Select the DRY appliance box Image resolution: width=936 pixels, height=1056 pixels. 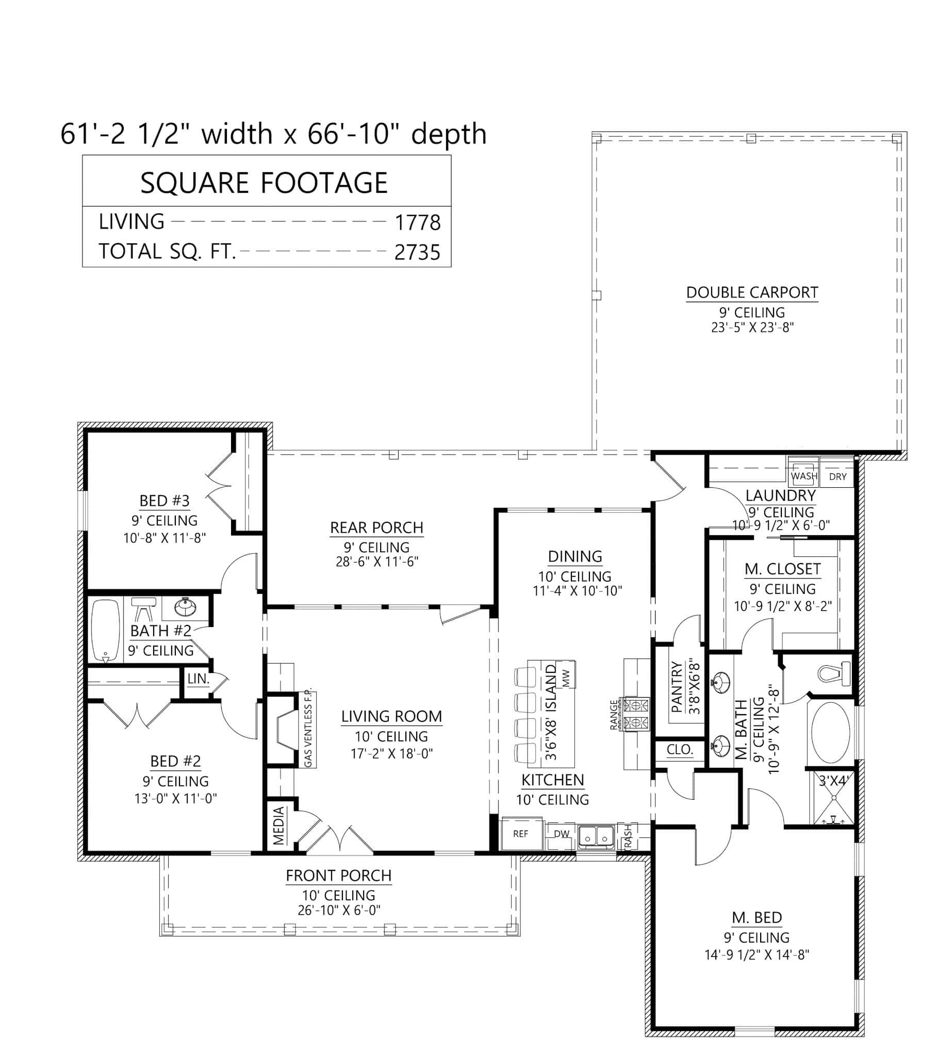click(838, 476)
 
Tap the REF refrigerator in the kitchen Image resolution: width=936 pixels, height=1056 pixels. click(520, 834)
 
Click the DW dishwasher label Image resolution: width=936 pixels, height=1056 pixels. click(561, 834)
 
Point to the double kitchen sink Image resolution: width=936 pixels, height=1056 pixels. click(596, 836)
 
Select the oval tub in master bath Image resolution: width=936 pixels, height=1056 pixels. click(831, 732)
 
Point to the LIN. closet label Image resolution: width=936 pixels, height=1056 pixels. click(198, 679)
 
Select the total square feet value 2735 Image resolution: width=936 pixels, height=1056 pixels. click(418, 253)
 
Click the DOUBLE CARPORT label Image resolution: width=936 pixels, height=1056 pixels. click(752, 292)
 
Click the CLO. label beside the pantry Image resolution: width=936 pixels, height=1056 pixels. click(680, 750)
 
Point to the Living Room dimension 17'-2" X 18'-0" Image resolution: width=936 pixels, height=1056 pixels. click(392, 753)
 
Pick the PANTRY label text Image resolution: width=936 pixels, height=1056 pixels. click(677, 687)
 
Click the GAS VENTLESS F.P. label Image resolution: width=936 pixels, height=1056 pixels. click(308, 729)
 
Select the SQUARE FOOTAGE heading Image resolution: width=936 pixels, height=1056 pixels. click(264, 183)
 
